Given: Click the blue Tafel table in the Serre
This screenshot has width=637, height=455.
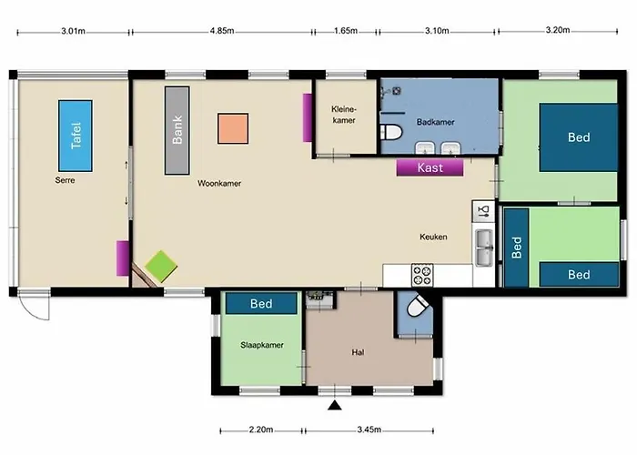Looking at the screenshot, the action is coord(76,136).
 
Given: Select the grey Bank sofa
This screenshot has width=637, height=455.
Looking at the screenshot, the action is coord(177,130).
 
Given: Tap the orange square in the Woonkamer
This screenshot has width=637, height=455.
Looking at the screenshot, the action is coord(233,128).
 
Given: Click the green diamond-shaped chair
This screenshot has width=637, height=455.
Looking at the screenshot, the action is coord(161,266).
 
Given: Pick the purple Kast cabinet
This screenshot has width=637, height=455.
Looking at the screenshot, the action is coord(430,167).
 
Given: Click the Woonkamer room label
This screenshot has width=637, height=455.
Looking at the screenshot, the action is coord(219,183).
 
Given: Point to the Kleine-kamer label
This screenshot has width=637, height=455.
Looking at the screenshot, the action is coord(344,115).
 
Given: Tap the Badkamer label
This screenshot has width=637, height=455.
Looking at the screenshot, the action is coord(435,122).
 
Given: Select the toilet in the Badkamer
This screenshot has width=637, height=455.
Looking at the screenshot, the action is coord(391,132).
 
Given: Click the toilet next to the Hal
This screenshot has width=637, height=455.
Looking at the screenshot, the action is coord(417,306).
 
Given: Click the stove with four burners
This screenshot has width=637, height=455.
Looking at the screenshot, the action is coord(422,275).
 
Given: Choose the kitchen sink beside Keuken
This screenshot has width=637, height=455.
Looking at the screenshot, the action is coord(484,247).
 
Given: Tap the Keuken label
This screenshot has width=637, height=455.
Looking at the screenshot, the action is coord(433,237).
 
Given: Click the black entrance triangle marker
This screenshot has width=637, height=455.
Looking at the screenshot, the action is coord(334,405).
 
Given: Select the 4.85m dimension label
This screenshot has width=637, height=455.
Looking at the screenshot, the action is coord(222,31).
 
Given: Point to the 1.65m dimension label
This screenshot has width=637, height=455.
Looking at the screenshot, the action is coord(345,31).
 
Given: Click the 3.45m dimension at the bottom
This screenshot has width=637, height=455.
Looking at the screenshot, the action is coord(369,430).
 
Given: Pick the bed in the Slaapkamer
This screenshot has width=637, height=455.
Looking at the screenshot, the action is coord(261,303).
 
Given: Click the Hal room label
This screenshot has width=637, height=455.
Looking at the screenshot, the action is coord(358,353).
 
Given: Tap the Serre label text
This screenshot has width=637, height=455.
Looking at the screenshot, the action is coord(65,180).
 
